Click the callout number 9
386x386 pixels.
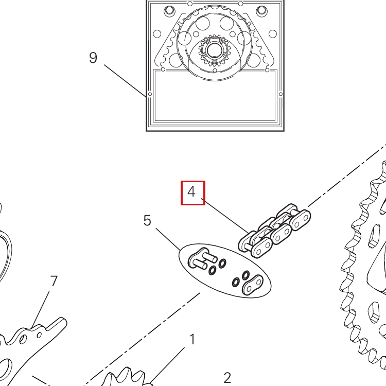[93, 58]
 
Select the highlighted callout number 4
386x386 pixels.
[192, 192]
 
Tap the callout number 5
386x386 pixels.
[147, 221]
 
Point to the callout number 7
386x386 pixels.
[54, 281]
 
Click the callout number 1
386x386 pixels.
[192, 340]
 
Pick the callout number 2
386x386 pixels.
[227, 378]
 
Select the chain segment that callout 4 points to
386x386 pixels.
[275, 231]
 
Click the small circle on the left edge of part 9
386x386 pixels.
[150, 94]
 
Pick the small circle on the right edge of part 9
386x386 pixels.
[280, 94]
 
